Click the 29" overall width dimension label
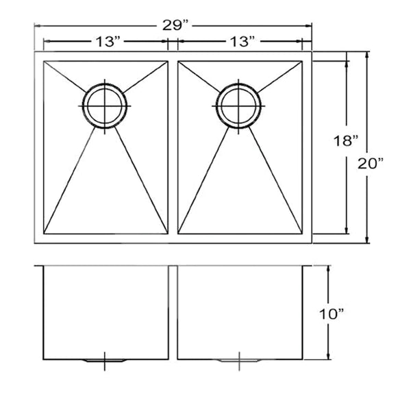point(175,25)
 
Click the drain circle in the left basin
point(104,104)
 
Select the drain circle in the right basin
point(238,104)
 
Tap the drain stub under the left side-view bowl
point(104,360)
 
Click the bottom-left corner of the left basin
point(45,232)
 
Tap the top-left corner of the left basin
point(45,62)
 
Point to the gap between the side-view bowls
point(172,312)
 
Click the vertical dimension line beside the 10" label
point(329,312)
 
